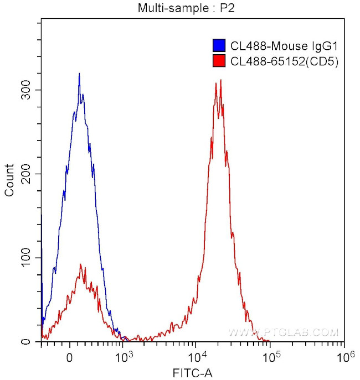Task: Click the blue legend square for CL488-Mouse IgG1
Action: tap(219, 46)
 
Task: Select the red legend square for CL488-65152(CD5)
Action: tap(219, 61)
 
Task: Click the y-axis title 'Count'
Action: tap(9, 180)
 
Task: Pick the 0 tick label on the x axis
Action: tap(70, 357)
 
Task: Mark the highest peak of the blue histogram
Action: tap(79, 74)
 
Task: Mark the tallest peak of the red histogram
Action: tap(220, 80)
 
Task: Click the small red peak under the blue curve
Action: tap(81, 265)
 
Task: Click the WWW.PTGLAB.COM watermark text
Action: tap(283, 332)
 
